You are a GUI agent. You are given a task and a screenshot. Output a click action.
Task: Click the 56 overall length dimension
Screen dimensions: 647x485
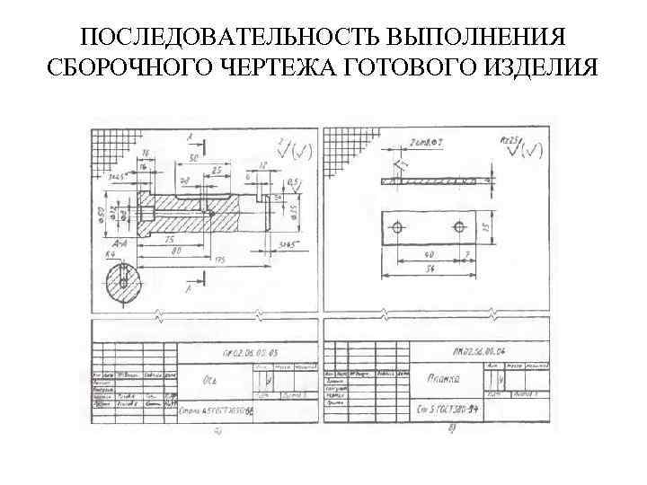tap(430, 269)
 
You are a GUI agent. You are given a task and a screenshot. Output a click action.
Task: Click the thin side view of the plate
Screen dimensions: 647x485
tap(428, 181)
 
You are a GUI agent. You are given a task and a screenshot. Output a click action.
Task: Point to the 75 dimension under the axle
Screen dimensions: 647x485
tap(169, 239)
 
